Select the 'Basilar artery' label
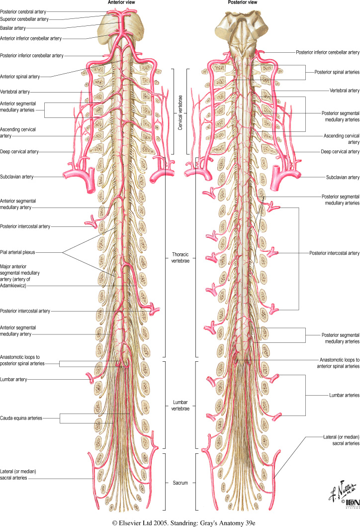(x=13, y=28)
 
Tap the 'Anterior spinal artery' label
(x=20, y=77)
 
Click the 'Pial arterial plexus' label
(x=19, y=252)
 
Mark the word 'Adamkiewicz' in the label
(x=14, y=287)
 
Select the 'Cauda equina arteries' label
(x=21, y=419)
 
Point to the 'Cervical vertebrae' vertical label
(x=180, y=112)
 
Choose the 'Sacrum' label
(x=180, y=483)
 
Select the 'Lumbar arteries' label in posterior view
(x=344, y=395)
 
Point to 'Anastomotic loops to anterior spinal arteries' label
(x=338, y=363)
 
